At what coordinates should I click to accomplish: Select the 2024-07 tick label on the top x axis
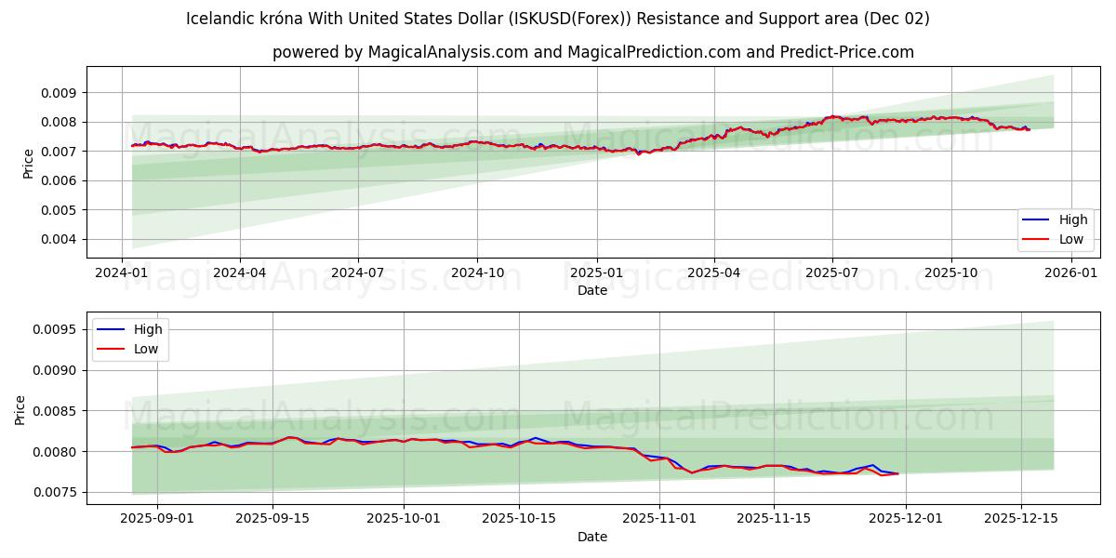(x=359, y=274)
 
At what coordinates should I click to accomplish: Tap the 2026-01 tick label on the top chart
(x=1071, y=274)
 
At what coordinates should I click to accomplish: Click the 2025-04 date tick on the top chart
(x=714, y=274)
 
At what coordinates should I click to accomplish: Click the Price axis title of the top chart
(x=28, y=163)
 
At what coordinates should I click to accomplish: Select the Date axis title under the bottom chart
(x=592, y=537)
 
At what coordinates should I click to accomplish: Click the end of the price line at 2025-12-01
(x=898, y=473)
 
